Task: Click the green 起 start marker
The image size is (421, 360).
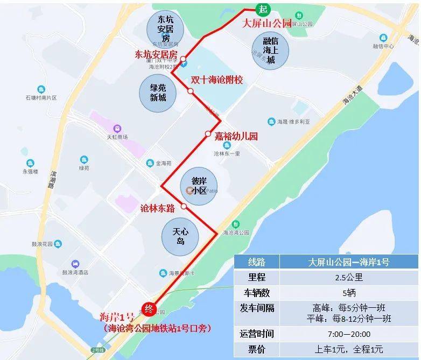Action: (263, 9)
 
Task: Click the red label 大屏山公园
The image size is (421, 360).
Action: (267, 24)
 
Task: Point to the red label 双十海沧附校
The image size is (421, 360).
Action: (216, 80)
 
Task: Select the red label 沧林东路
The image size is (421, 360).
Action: (157, 209)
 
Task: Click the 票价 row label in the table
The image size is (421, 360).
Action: (257, 349)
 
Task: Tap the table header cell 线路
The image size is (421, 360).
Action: (257, 263)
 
